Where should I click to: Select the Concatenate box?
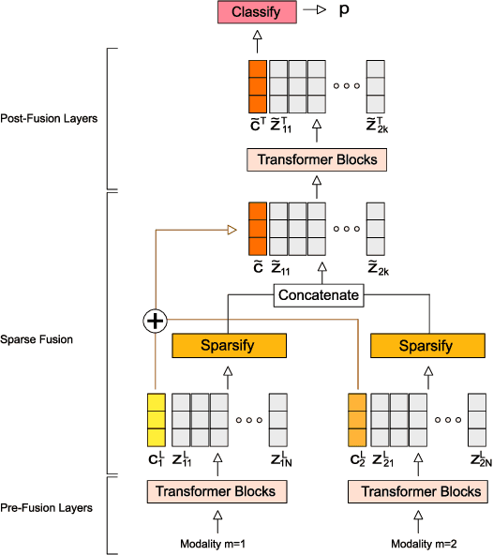319,295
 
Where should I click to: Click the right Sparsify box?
426,345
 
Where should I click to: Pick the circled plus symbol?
155,322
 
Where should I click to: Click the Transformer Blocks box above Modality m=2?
416,491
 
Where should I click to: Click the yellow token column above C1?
157,421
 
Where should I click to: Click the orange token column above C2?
357,421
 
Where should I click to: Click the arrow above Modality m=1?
217,519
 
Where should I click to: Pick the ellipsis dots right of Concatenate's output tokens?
346,228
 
